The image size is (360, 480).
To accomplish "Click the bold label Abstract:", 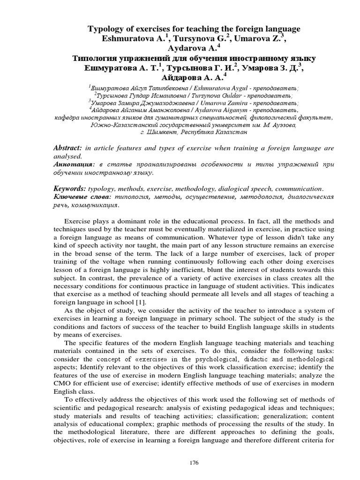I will [x=68, y=148].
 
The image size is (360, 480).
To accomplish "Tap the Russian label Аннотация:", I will [x=73, y=165].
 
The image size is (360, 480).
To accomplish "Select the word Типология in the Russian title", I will [x=94, y=59].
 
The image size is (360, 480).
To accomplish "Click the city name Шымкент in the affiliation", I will [x=167, y=133].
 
